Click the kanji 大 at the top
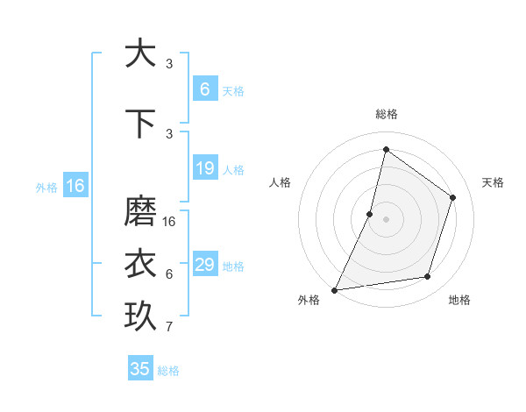tap(140, 53)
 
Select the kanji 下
tap(140, 123)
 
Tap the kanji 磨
tap(140, 211)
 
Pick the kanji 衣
tap(140, 263)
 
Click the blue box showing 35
tap(140, 369)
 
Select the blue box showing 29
tap(205, 265)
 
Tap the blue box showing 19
tap(205, 168)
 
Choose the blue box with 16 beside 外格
tap(75, 186)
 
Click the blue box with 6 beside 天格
tap(205, 89)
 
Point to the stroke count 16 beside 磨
tap(169, 222)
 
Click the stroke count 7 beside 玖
tap(169, 328)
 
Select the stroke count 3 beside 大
tap(169, 64)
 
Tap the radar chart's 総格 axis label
tap(386, 114)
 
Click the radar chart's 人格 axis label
tap(280, 182)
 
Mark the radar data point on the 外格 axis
tap(334, 289)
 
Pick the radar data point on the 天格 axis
tap(453, 197)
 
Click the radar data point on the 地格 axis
tap(428, 277)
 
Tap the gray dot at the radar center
tap(386, 219)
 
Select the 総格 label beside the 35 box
tap(168, 371)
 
